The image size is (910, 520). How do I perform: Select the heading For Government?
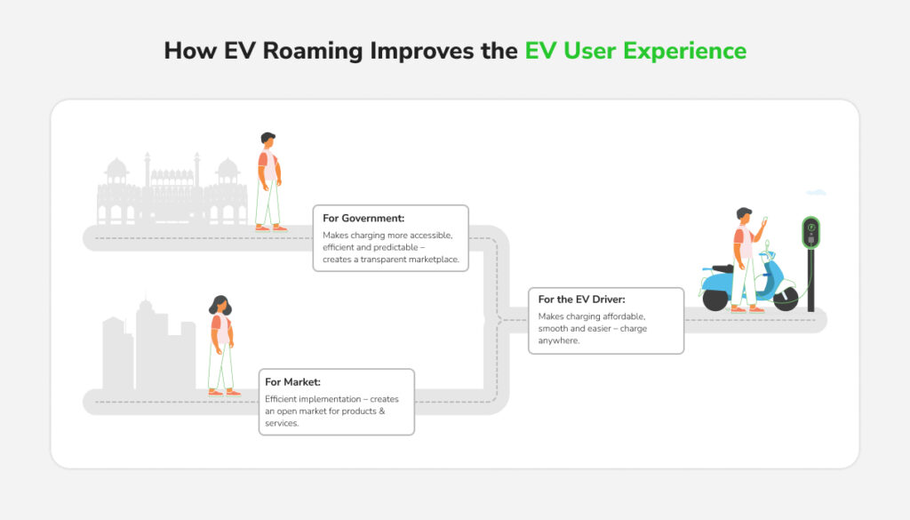tap(364, 218)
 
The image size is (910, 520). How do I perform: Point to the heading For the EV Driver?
tap(581, 300)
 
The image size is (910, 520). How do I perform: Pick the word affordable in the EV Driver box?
tap(626, 316)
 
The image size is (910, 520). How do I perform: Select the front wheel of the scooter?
tap(785, 300)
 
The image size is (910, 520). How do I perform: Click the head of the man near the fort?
tap(267, 142)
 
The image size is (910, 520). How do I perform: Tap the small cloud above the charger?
tap(816, 192)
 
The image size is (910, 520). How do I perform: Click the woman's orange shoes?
tap(223, 392)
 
